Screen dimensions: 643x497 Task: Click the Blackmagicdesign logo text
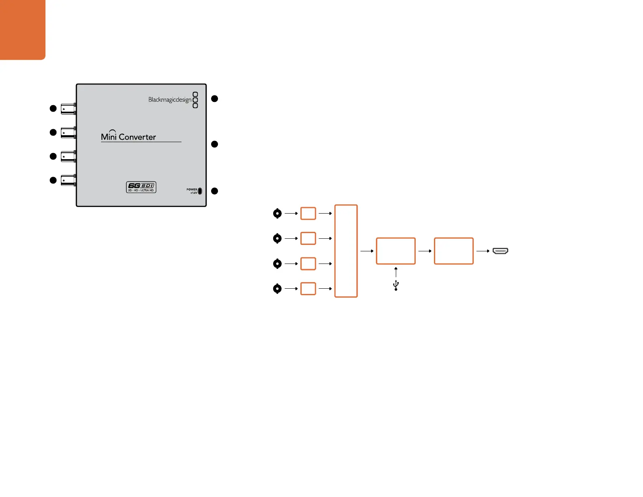pyautogui.click(x=170, y=99)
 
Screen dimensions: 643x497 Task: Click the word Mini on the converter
pyautogui.click(x=109, y=136)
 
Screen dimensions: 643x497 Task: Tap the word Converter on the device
pyautogui.click(x=137, y=137)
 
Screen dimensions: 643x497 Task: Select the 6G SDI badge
pyautogui.click(x=141, y=187)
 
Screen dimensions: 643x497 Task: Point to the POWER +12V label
pyautogui.click(x=192, y=191)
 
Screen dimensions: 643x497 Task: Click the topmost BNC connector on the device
pyautogui.click(x=68, y=109)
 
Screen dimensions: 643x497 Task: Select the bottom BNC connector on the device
pyautogui.click(x=68, y=180)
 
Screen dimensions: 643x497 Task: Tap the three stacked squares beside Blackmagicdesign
pyautogui.click(x=195, y=100)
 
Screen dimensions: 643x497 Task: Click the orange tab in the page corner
pyautogui.click(x=22, y=29)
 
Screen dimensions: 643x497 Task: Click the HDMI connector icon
pyautogui.click(x=501, y=251)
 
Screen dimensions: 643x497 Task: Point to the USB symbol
pyautogui.click(x=396, y=286)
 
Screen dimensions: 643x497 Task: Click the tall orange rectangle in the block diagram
pyautogui.click(x=346, y=251)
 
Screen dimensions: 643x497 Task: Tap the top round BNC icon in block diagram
pyautogui.click(x=277, y=213)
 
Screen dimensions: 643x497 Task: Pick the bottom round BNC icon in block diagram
pyautogui.click(x=277, y=289)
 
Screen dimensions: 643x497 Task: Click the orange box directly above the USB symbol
pyautogui.click(x=396, y=251)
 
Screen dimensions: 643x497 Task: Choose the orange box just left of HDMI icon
pyautogui.click(x=453, y=251)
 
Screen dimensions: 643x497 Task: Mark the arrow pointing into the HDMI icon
pyautogui.click(x=483, y=251)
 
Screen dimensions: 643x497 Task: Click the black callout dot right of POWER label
pyautogui.click(x=215, y=191)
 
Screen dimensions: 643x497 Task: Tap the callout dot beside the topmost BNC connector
pyautogui.click(x=53, y=108)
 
